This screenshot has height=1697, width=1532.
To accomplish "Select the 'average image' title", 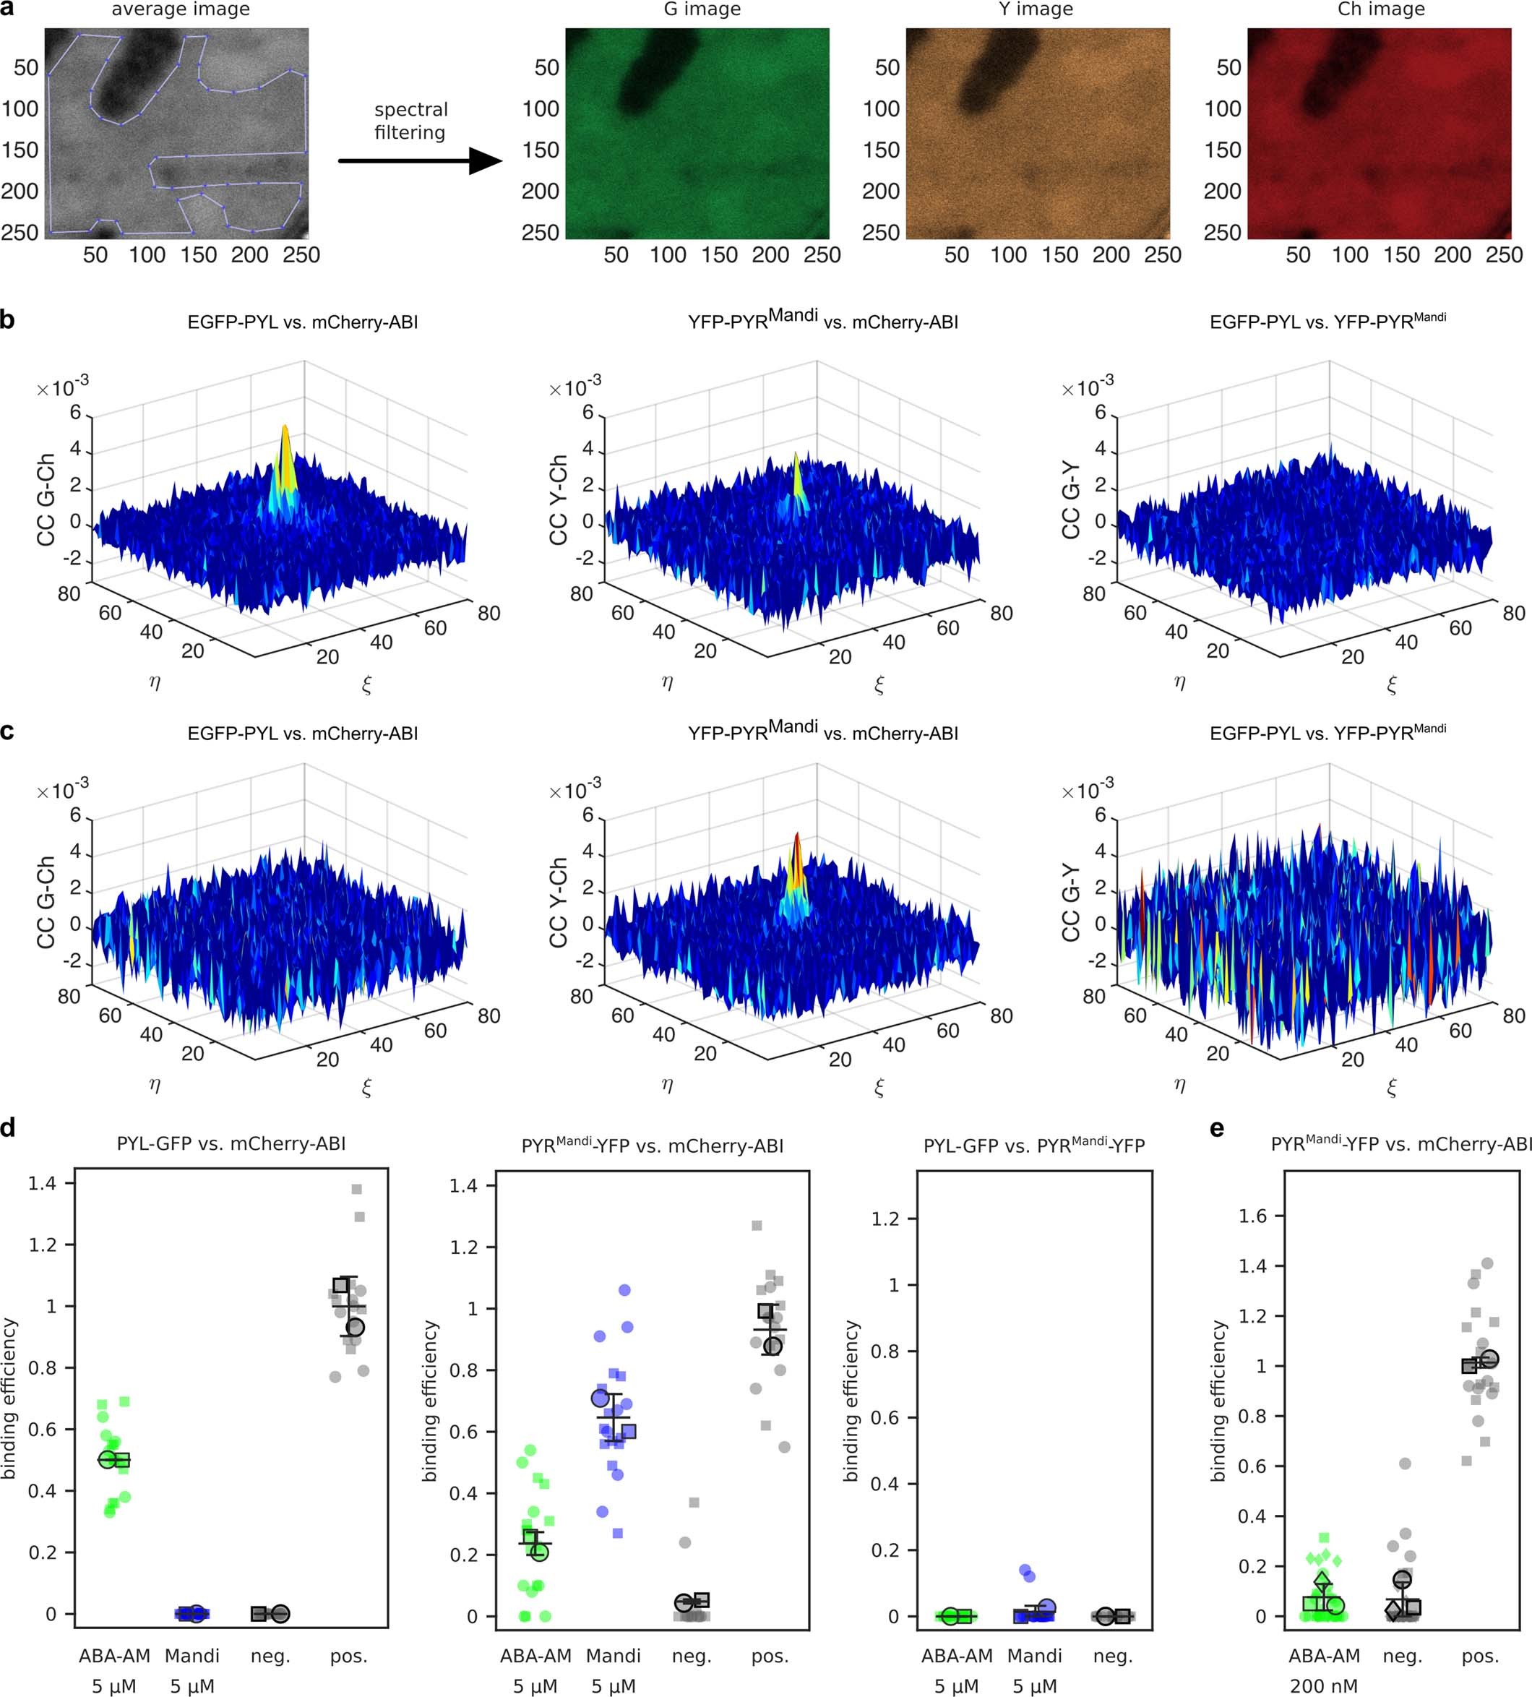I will click(x=180, y=9).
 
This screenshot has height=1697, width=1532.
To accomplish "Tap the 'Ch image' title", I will click(x=1380, y=9).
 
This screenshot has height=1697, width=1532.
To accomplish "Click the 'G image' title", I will click(x=701, y=9).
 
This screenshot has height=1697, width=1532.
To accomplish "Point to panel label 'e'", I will click(x=1216, y=1129).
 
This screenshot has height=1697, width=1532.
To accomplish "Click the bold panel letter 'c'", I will click(x=7, y=731).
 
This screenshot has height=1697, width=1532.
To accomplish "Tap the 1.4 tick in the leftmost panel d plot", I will click(x=42, y=1184).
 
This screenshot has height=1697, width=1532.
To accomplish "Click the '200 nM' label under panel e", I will click(x=1323, y=1686).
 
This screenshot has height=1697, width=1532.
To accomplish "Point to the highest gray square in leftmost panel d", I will click(x=356, y=1190).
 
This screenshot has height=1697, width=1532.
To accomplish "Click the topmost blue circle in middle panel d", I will click(x=624, y=1289).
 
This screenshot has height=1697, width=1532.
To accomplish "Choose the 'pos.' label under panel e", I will click(x=1480, y=1656).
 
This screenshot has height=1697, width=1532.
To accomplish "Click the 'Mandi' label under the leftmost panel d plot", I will click(x=192, y=1656).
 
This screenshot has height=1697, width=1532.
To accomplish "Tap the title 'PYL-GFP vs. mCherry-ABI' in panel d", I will click(x=231, y=1144).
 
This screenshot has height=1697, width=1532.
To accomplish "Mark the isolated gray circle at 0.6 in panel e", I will click(x=1405, y=1464).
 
